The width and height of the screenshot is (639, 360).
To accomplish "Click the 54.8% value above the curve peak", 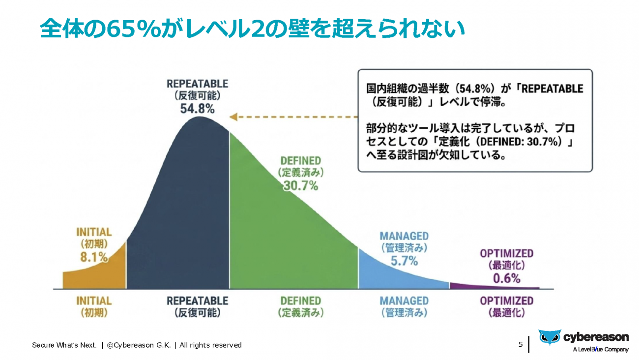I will [x=197, y=109].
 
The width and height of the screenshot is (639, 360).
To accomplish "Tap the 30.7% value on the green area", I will [x=300, y=186].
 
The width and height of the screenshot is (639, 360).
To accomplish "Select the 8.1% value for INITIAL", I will [x=94, y=256].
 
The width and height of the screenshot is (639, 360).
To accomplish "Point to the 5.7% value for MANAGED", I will [x=404, y=261].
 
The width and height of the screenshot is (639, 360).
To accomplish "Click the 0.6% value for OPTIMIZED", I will [x=506, y=278].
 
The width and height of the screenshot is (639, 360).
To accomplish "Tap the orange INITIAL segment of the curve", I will [x=98, y=275].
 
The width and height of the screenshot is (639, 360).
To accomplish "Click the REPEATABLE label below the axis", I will [x=197, y=300].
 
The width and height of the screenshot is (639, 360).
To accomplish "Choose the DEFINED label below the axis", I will [x=300, y=300].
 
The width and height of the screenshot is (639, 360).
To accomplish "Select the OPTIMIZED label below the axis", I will [x=506, y=300].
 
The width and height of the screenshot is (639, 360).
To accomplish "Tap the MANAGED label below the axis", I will [x=404, y=300].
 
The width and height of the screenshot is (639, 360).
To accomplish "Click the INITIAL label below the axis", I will [x=94, y=300].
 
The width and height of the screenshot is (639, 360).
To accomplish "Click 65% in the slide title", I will [x=134, y=29].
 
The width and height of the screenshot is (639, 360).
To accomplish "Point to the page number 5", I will [x=521, y=344].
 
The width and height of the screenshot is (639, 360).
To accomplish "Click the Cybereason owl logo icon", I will [x=549, y=337].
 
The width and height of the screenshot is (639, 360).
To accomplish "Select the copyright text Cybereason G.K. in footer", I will [x=143, y=345].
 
